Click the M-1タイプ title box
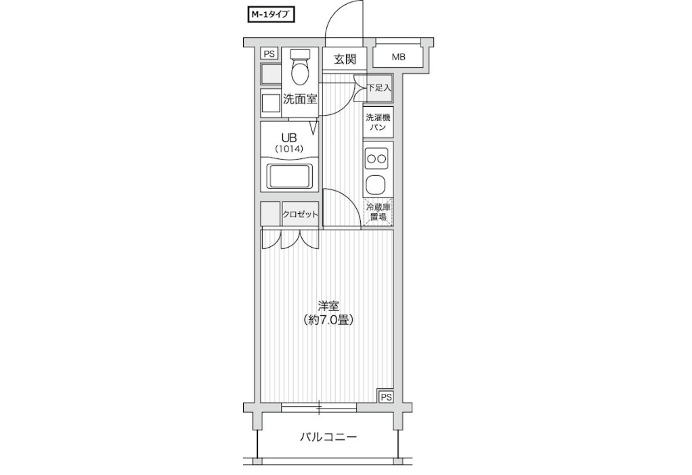[269, 15]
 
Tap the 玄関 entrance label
[344, 59]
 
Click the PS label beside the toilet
[269, 54]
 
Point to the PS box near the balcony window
[386, 397]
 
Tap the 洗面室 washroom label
[300, 99]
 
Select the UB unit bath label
[288, 137]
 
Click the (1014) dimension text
[289, 149]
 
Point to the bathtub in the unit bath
[289, 177]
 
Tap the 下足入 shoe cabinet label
[380, 88]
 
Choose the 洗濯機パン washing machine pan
[378, 122]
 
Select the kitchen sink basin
[376, 184]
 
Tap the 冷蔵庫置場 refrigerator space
[378, 212]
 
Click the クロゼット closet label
[300, 214]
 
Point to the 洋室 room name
[328, 305]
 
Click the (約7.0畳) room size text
[328, 320]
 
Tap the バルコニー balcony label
[328, 438]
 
